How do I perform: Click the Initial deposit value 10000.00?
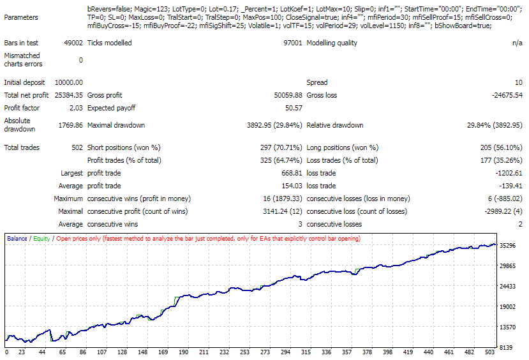point(69,82)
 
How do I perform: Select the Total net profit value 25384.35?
point(69,95)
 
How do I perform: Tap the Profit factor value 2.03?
point(75,108)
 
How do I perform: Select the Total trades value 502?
point(77,147)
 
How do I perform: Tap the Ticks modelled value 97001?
point(292,43)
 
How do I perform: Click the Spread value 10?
point(518,82)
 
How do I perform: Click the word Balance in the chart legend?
point(17,239)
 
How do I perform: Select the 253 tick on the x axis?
point(245,352)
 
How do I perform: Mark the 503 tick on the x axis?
point(489,352)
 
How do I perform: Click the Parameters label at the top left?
point(20,17)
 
